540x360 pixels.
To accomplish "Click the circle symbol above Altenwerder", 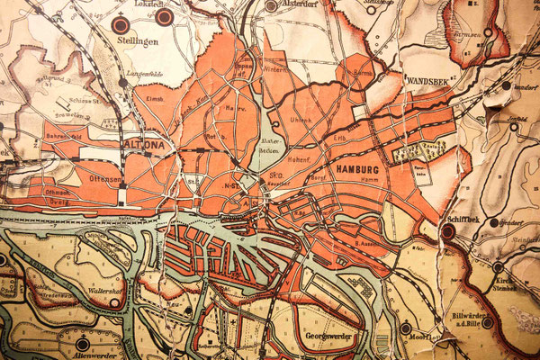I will click(x=83, y=343).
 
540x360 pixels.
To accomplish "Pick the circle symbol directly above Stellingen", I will click(x=121, y=25).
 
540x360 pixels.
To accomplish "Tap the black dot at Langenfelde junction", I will click(x=123, y=83).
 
